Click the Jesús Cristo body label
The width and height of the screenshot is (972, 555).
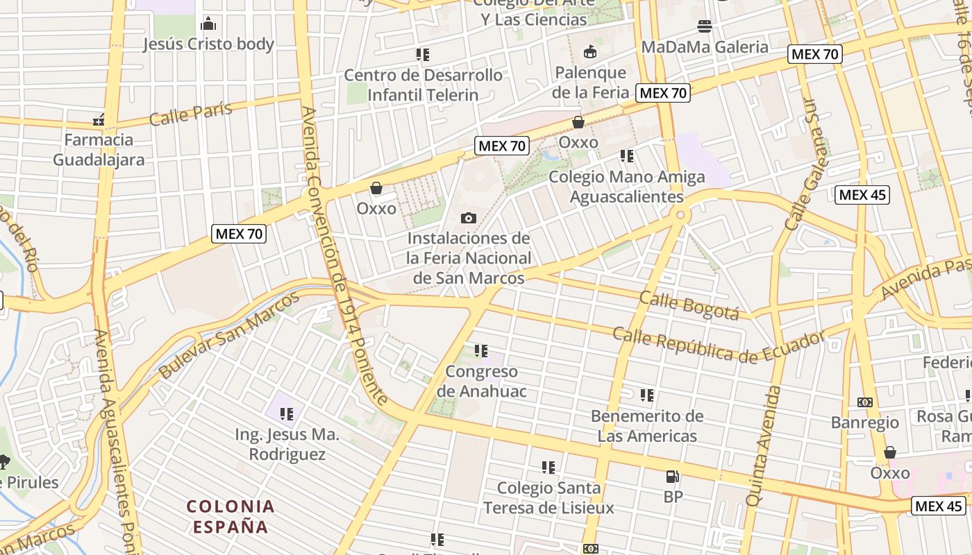click(208, 44)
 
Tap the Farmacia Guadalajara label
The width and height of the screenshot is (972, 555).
click(99, 149)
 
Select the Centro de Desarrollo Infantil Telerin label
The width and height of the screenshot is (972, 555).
click(423, 85)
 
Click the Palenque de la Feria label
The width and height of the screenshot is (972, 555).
click(590, 82)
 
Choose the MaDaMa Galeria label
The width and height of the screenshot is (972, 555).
click(705, 47)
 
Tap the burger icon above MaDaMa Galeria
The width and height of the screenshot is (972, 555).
click(705, 26)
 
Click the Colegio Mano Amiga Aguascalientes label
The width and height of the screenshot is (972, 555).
click(627, 187)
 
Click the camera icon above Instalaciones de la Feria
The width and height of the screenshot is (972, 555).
click(469, 219)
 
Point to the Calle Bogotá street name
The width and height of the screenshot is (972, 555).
click(689, 305)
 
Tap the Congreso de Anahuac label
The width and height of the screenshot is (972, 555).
click(481, 381)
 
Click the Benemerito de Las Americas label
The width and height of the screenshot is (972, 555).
click(647, 426)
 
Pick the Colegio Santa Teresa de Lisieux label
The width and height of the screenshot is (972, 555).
click(548, 497)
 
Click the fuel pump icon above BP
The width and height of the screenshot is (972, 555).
click(672, 477)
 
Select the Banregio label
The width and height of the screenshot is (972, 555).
click(864, 422)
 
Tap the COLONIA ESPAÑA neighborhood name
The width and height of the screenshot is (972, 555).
click(231, 516)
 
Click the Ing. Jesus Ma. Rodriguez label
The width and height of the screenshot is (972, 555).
click(287, 445)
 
